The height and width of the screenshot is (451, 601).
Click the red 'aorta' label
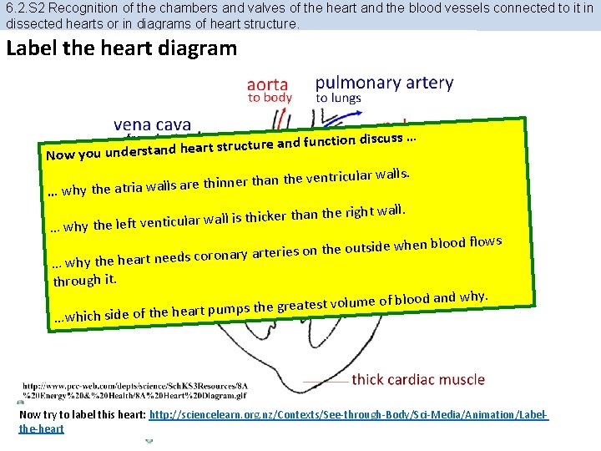[268, 84]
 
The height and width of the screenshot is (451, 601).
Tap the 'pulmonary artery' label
[384, 83]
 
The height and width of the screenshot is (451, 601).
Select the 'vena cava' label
[152, 125]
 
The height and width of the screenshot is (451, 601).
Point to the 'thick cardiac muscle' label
[418, 379]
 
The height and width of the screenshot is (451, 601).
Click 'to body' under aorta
[270, 98]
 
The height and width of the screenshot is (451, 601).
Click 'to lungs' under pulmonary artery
[338, 98]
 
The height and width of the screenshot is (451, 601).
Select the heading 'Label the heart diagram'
[121, 48]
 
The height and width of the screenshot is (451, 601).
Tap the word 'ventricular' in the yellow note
[338, 176]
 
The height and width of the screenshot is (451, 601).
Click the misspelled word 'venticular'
[171, 222]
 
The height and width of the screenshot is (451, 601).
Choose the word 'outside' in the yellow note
[368, 247]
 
